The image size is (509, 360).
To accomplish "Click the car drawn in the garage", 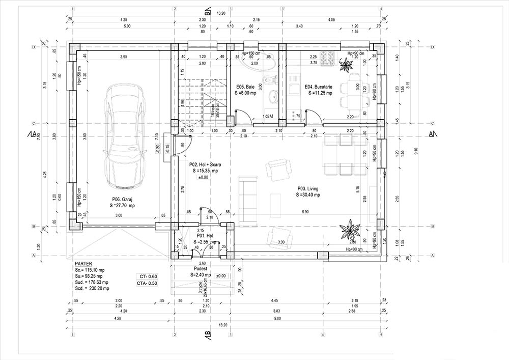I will coord(124,138).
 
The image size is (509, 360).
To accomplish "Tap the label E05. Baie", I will coord(245,87).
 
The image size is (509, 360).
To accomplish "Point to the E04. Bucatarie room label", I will coord(319,87).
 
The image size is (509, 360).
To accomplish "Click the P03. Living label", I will coord(309,188).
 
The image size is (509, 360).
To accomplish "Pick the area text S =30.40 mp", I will coord(309,195).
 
